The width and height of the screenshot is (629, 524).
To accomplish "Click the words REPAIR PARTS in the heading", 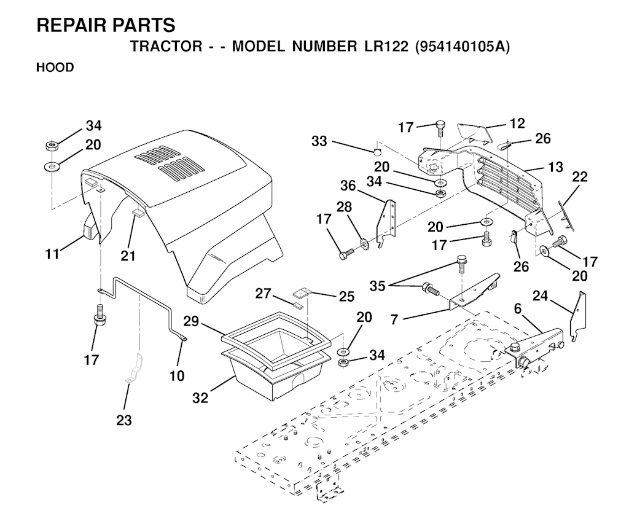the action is (106, 25).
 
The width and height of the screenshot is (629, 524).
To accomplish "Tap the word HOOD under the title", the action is (55, 68).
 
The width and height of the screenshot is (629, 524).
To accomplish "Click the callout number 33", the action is (319, 141).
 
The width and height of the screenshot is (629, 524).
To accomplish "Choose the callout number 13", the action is (555, 166).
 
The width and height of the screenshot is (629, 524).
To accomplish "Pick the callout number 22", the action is (580, 176).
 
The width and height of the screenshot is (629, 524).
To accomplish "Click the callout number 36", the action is (348, 186).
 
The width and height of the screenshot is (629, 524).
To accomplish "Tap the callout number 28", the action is (344, 207).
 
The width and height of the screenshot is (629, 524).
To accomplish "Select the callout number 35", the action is (378, 286).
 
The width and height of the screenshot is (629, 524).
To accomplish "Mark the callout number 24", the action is (540, 296).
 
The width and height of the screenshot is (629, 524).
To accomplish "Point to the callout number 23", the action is (123, 420).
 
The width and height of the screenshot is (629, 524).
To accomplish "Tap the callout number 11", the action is (53, 254).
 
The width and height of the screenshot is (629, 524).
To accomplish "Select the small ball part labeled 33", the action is (377, 151).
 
